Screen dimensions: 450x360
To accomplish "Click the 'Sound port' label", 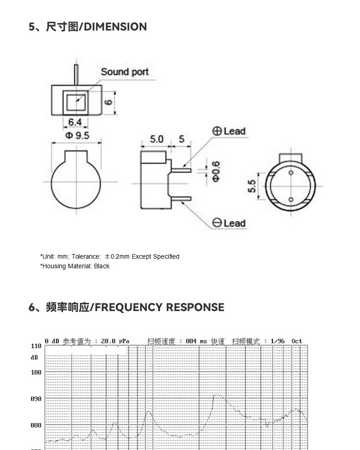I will [x=124, y=72].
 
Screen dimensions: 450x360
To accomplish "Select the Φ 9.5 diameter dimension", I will [x=77, y=136].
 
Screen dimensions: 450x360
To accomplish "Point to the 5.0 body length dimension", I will [x=156, y=139].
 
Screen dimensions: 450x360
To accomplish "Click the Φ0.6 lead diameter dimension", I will [x=216, y=171].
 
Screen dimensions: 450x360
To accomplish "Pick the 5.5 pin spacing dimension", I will [x=252, y=185].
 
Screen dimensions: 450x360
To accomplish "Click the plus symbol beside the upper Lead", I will [x=217, y=131].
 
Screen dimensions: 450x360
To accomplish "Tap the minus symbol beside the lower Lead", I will [x=217, y=223].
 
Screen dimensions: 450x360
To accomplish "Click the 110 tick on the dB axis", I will [x=36, y=346].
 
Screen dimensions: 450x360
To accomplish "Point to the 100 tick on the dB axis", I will [x=36, y=373].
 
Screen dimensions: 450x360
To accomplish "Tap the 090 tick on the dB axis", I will [x=36, y=399].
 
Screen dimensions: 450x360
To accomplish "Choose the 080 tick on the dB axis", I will [x=36, y=425].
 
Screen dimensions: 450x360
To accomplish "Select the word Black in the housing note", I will [x=102, y=266].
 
